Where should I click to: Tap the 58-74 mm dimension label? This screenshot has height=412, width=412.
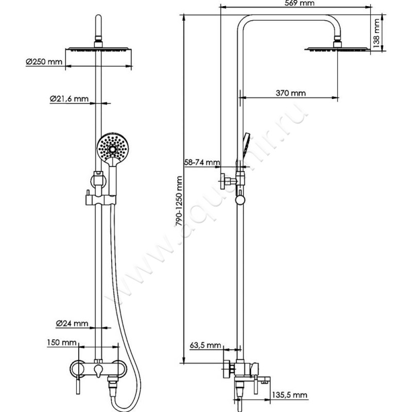coord(202,163)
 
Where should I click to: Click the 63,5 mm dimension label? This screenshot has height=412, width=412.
coord(204,345)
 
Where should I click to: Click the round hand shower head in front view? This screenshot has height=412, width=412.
coord(111,147)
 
